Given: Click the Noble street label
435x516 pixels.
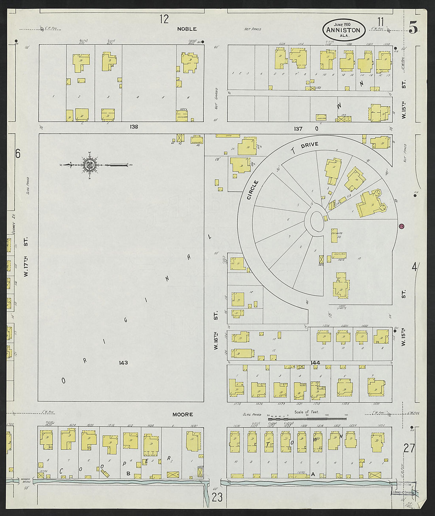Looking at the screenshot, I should point(187,29).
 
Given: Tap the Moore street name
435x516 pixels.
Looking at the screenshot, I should point(183,414).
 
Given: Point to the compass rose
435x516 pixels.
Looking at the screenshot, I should point(89,165).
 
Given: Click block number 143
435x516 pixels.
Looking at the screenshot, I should point(123,362).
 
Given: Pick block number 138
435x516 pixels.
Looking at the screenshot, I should point(134,127).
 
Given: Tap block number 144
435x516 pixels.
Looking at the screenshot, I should point(315,362).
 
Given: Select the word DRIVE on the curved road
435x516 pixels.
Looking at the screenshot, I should point(309,146).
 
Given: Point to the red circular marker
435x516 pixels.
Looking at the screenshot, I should point(401,226).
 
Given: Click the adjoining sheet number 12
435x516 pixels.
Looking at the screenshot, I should point(164,19).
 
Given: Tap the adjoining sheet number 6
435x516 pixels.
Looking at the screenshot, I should point(17,154).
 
